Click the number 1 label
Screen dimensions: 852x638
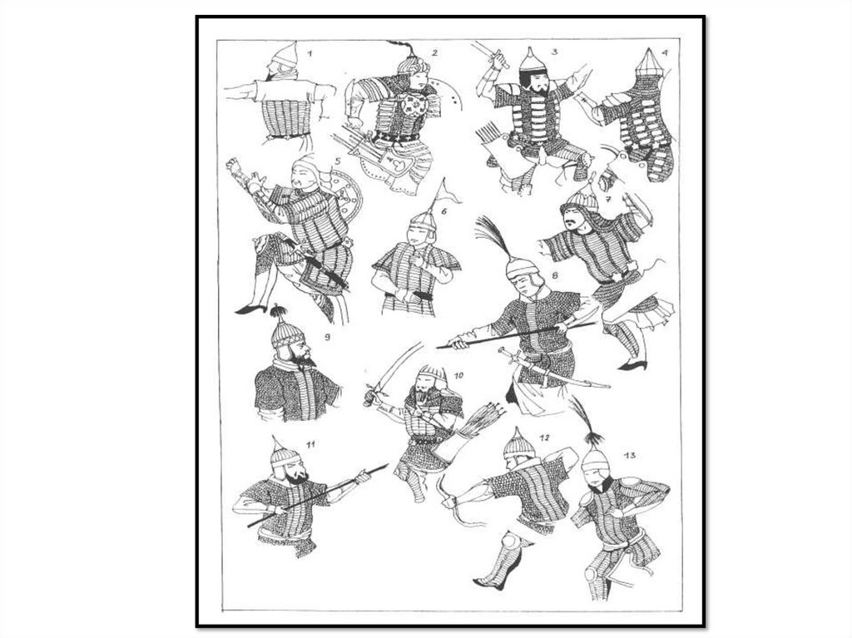click(310, 53)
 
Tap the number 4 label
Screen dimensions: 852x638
click(665, 53)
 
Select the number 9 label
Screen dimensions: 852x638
click(327, 337)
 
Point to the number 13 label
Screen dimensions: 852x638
click(630, 455)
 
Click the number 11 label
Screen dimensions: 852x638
click(310, 444)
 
